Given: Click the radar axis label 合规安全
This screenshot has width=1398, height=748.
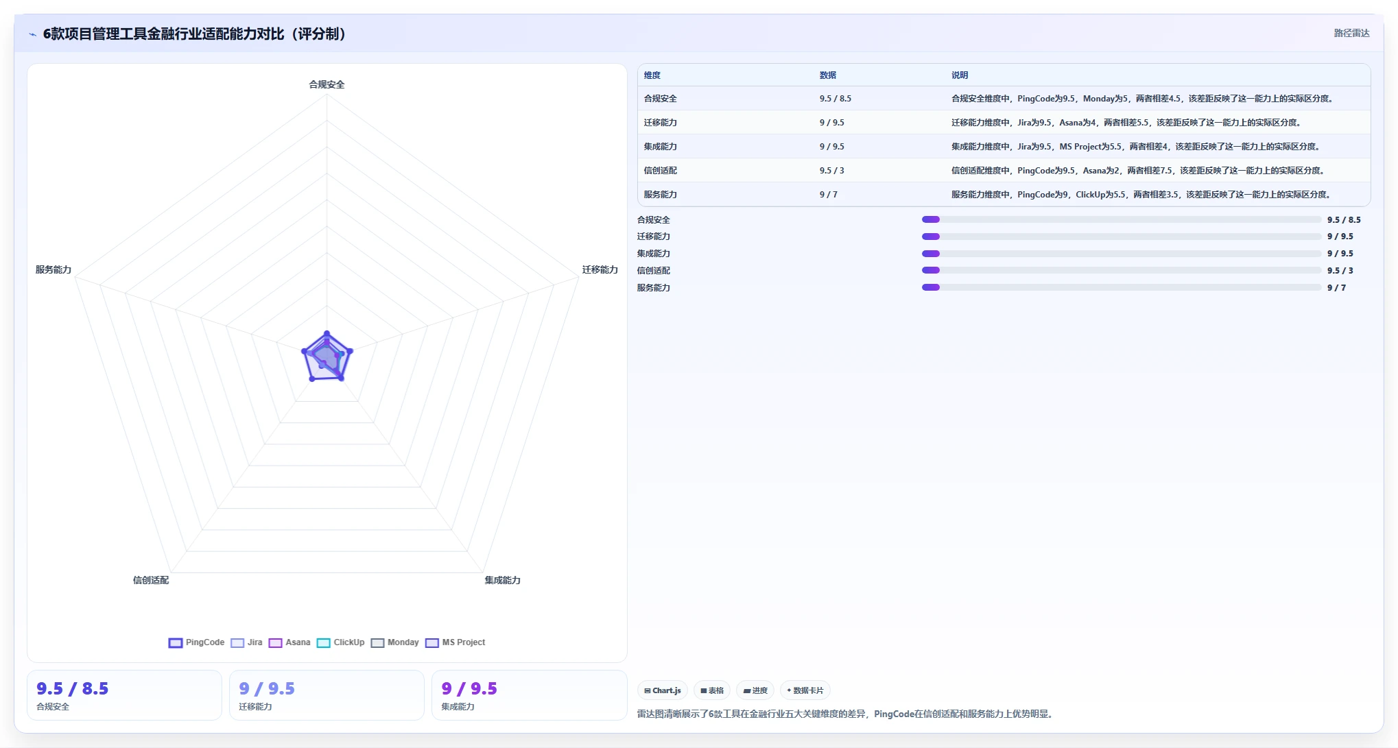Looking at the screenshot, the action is coord(327,84).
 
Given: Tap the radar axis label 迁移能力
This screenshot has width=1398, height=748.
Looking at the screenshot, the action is coord(600,269).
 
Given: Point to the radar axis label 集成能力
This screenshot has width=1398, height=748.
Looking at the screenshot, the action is coord(502,580).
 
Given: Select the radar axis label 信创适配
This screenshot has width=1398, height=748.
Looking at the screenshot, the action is coord(150,580).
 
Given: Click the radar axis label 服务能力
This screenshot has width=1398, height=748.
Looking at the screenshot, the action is coord(54,269).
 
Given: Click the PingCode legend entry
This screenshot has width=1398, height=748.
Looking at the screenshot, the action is coord(196,642).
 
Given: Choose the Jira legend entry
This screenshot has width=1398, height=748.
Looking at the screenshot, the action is coord(246,642).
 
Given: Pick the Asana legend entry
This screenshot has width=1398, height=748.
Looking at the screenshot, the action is coord(289,642).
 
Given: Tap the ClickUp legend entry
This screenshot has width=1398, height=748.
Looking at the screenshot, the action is coord(340,642).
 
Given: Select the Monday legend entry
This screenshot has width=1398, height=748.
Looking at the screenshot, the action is coord(394,642).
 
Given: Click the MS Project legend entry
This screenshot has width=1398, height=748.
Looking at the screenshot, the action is coord(455,642).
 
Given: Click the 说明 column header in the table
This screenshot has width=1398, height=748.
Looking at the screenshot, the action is coord(960,75).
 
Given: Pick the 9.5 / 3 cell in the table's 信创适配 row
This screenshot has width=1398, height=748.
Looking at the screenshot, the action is coord(831,171).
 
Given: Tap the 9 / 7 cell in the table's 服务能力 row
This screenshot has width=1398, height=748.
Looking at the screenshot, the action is coord(828,195).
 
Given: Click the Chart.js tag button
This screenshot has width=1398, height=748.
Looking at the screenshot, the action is coord(663,690).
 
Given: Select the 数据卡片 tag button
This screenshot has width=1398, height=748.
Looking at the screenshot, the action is coord(805,690).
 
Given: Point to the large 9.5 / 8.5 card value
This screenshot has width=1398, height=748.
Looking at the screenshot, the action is coord(73,688).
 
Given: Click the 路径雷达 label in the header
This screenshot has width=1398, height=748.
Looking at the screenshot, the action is coord(1351,33).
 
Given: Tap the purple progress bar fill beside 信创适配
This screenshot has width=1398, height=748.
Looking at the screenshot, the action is coord(931,271).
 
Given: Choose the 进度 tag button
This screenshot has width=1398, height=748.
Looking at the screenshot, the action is coord(755,690).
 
